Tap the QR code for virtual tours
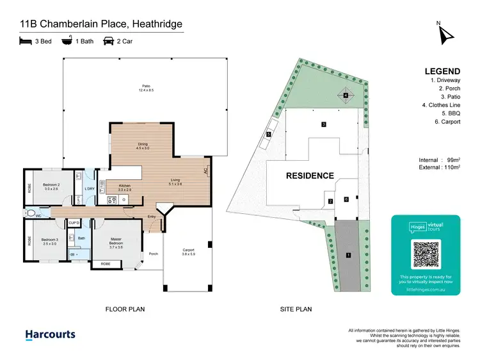[426, 254]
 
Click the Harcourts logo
[50, 334]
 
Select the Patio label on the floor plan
[147, 88]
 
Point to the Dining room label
[142, 146]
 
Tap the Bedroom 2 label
[51, 187]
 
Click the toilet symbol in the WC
[29, 213]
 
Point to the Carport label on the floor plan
[188, 250]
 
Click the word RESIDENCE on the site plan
[310, 176]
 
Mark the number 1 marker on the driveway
[349, 256]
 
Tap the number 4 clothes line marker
[346, 96]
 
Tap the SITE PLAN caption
[296, 309]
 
